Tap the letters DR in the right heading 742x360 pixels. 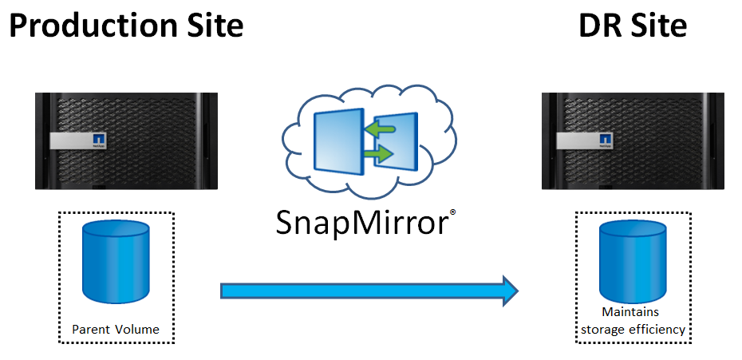click(x=599, y=26)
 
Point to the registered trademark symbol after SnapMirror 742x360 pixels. click(x=452, y=212)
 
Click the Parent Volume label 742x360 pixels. click(x=116, y=329)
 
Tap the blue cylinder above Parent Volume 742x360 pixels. click(x=116, y=263)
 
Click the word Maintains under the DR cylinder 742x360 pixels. click(x=632, y=313)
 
